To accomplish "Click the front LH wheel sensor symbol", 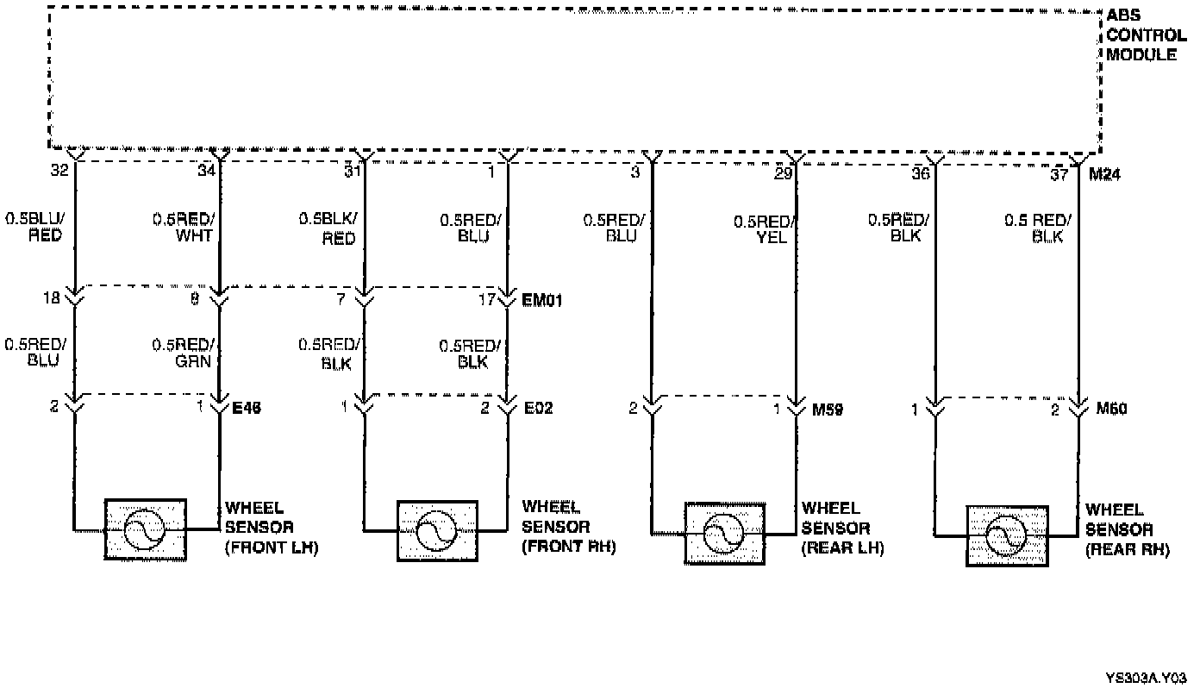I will click(x=145, y=529).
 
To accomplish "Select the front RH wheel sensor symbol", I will click(x=437, y=530).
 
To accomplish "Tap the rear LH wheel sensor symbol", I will click(x=724, y=533).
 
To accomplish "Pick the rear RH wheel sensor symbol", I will click(x=1007, y=535).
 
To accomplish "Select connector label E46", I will click(x=247, y=408).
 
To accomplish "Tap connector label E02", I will click(x=539, y=408).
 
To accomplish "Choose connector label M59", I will click(x=828, y=409).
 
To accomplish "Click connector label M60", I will click(x=1112, y=409).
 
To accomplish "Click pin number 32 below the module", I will click(x=59, y=171).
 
